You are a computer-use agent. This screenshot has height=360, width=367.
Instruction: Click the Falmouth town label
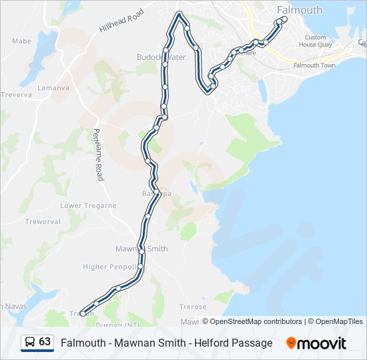[x=300, y=10]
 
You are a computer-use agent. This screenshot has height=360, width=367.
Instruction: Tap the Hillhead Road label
[x=121, y=21]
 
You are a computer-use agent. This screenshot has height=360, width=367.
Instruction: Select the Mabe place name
[x=21, y=41]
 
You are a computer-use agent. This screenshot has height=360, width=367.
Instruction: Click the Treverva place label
[x=16, y=95]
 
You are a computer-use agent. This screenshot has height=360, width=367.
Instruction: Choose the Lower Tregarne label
[x=88, y=206]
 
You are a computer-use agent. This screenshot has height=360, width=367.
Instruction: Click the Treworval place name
[x=43, y=221]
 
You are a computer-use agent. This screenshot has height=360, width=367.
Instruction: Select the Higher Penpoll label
[x=104, y=267]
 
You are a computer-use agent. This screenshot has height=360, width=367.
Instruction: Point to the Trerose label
[x=194, y=307]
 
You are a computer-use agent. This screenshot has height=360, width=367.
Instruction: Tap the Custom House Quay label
[x=316, y=41]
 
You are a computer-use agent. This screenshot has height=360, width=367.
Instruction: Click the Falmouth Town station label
[x=314, y=65]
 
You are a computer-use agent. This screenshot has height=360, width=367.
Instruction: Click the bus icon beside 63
[x=29, y=342]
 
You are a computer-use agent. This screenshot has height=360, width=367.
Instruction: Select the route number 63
[x=45, y=342]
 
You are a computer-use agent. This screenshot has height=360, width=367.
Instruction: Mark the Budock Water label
[x=161, y=57]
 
